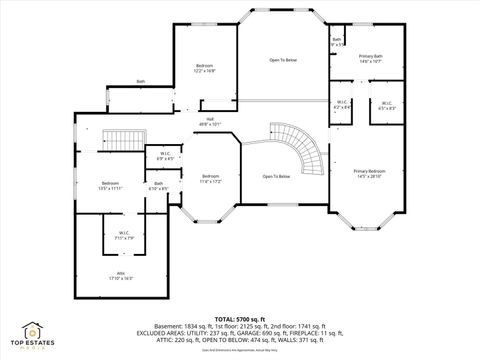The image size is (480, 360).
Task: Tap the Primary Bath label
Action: pos(371,59)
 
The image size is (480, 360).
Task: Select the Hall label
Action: pos(211,122)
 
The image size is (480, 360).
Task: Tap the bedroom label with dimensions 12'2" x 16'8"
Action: pos(204,68)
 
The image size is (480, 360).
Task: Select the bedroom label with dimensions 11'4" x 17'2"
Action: pos(211,179)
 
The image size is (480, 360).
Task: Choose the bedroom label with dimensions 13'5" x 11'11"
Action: pos(110,185)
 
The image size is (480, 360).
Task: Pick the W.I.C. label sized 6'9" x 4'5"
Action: pos(165,156)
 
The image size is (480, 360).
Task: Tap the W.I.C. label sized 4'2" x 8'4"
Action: pos(341,105)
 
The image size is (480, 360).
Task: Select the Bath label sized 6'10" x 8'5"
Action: pos(158,186)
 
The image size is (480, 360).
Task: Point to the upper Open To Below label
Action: pos(283,60)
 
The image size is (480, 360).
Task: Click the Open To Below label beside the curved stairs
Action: pos(276,176)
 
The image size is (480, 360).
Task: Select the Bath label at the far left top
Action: pos(141,81)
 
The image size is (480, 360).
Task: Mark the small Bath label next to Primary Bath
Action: pos(337,43)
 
